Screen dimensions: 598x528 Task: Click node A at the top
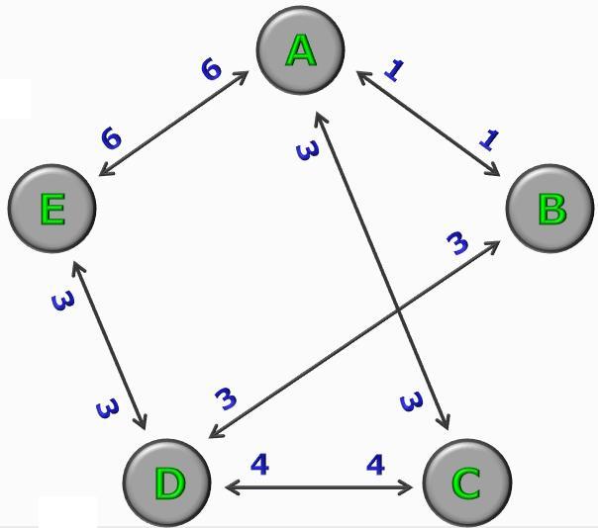click(x=301, y=49)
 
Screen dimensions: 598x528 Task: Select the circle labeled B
click(x=550, y=209)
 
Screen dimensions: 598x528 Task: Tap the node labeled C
click(x=467, y=484)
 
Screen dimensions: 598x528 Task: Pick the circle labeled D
click(x=167, y=484)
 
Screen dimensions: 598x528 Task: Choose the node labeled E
click(x=51, y=209)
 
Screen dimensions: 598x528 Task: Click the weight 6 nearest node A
click(x=211, y=70)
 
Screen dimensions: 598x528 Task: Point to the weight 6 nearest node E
click(x=111, y=137)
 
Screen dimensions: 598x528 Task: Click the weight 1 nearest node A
click(x=394, y=70)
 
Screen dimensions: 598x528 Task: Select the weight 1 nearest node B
click(x=489, y=139)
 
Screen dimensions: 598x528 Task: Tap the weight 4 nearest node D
click(x=259, y=465)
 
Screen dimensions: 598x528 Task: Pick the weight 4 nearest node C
click(x=375, y=465)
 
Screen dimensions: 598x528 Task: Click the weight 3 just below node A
click(x=307, y=150)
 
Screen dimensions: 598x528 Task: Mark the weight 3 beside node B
click(x=457, y=244)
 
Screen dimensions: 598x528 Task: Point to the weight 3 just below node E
click(x=63, y=302)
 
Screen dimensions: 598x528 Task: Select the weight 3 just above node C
click(x=412, y=401)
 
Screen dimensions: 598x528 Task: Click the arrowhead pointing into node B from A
click(x=493, y=169)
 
